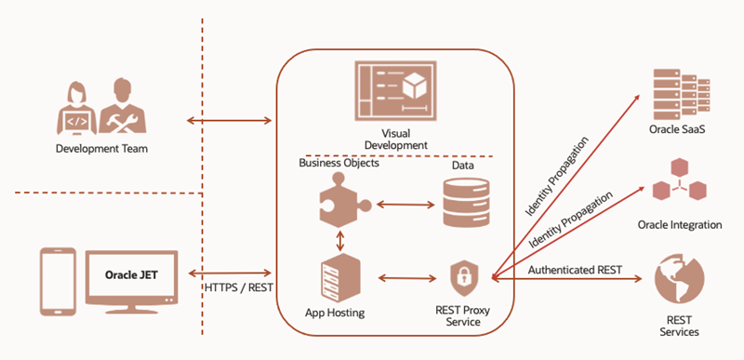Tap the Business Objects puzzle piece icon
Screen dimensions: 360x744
[343, 200]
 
